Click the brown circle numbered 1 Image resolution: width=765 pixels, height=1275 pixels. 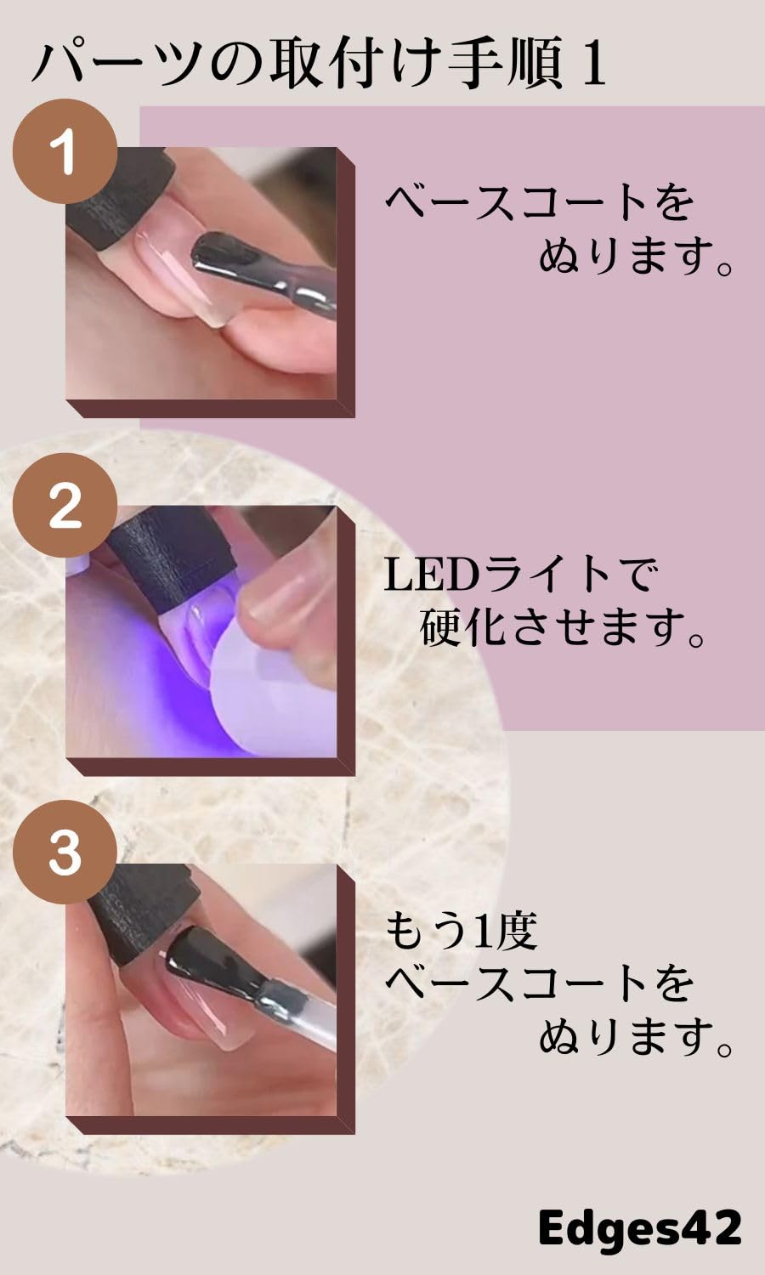click(x=65, y=151)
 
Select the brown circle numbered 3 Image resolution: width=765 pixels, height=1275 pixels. click(x=65, y=853)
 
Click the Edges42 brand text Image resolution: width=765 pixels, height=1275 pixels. click(x=639, y=1228)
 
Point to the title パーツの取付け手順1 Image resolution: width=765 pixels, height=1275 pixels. click(x=319, y=65)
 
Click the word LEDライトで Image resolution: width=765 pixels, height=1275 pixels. click(x=520, y=575)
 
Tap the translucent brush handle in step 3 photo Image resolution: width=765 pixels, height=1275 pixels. click(x=306, y=1016)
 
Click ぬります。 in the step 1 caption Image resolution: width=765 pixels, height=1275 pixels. click(x=636, y=255)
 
